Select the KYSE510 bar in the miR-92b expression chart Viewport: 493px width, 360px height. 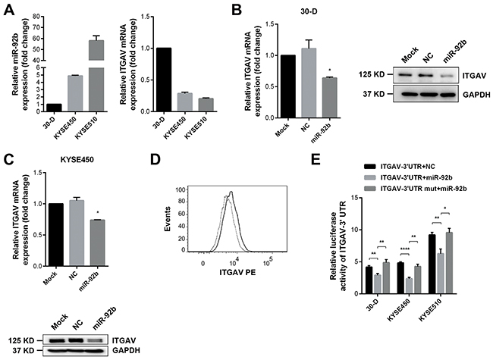[x=96, y=75]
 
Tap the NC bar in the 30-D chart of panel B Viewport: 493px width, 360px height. [x=309, y=83]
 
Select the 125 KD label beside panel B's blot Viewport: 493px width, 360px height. [x=371, y=75]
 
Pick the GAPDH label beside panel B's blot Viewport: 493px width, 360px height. [x=476, y=95]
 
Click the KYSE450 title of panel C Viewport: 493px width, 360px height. [x=77, y=160]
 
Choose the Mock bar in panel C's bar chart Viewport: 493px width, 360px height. [x=55, y=235]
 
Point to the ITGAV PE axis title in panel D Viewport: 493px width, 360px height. [x=237, y=272]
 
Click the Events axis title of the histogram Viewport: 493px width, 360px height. [x=168, y=219]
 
